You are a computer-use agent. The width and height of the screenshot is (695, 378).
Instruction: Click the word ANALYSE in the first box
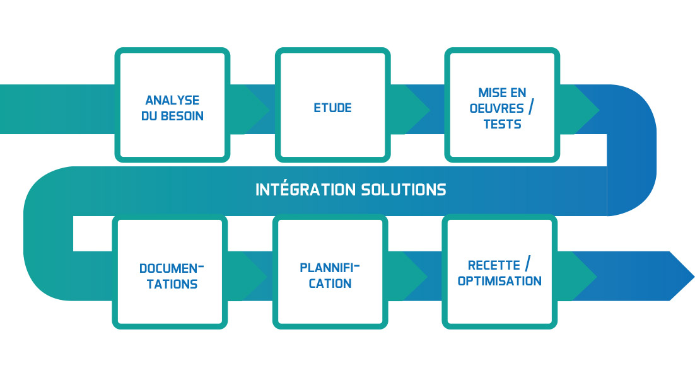(x=172, y=100)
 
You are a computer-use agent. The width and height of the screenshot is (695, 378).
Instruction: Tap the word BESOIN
(x=182, y=116)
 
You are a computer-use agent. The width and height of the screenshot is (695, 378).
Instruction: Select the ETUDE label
(x=333, y=108)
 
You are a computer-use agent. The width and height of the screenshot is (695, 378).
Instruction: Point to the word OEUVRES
(x=496, y=108)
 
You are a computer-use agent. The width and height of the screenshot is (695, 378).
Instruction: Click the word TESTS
(x=502, y=124)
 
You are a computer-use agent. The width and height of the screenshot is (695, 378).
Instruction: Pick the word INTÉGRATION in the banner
(x=305, y=190)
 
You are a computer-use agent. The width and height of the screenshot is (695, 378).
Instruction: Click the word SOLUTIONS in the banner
(x=404, y=190)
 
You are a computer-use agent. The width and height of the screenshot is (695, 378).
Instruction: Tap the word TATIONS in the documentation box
(x=172, y=284)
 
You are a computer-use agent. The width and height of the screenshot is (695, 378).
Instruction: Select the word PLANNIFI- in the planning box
(x=330, y=268)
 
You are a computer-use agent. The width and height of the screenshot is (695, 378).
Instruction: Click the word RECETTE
(x=494, y=265)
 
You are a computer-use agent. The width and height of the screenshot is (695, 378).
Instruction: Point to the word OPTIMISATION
(x=499, y=281)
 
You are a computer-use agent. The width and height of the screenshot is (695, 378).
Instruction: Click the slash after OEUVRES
(x=530, y=106)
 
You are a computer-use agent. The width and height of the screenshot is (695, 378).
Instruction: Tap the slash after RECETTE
(x=527, y=263)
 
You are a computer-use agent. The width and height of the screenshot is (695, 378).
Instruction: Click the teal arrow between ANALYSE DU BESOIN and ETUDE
(x=248, y=110)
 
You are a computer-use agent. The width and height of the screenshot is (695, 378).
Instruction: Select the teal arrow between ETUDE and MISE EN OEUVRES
(x=409, y=110)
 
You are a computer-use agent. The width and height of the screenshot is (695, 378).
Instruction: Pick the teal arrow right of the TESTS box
(x=578, y=110)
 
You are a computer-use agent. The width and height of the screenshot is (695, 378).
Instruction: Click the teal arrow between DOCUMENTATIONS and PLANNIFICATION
(x=246, y=276)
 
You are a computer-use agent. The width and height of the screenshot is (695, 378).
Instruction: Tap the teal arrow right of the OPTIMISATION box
(x=576, y=276)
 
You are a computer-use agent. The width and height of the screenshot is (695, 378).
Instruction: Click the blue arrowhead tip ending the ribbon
(x=694, y=277)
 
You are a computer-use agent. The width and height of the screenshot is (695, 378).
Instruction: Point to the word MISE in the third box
(x=490, y=93)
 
